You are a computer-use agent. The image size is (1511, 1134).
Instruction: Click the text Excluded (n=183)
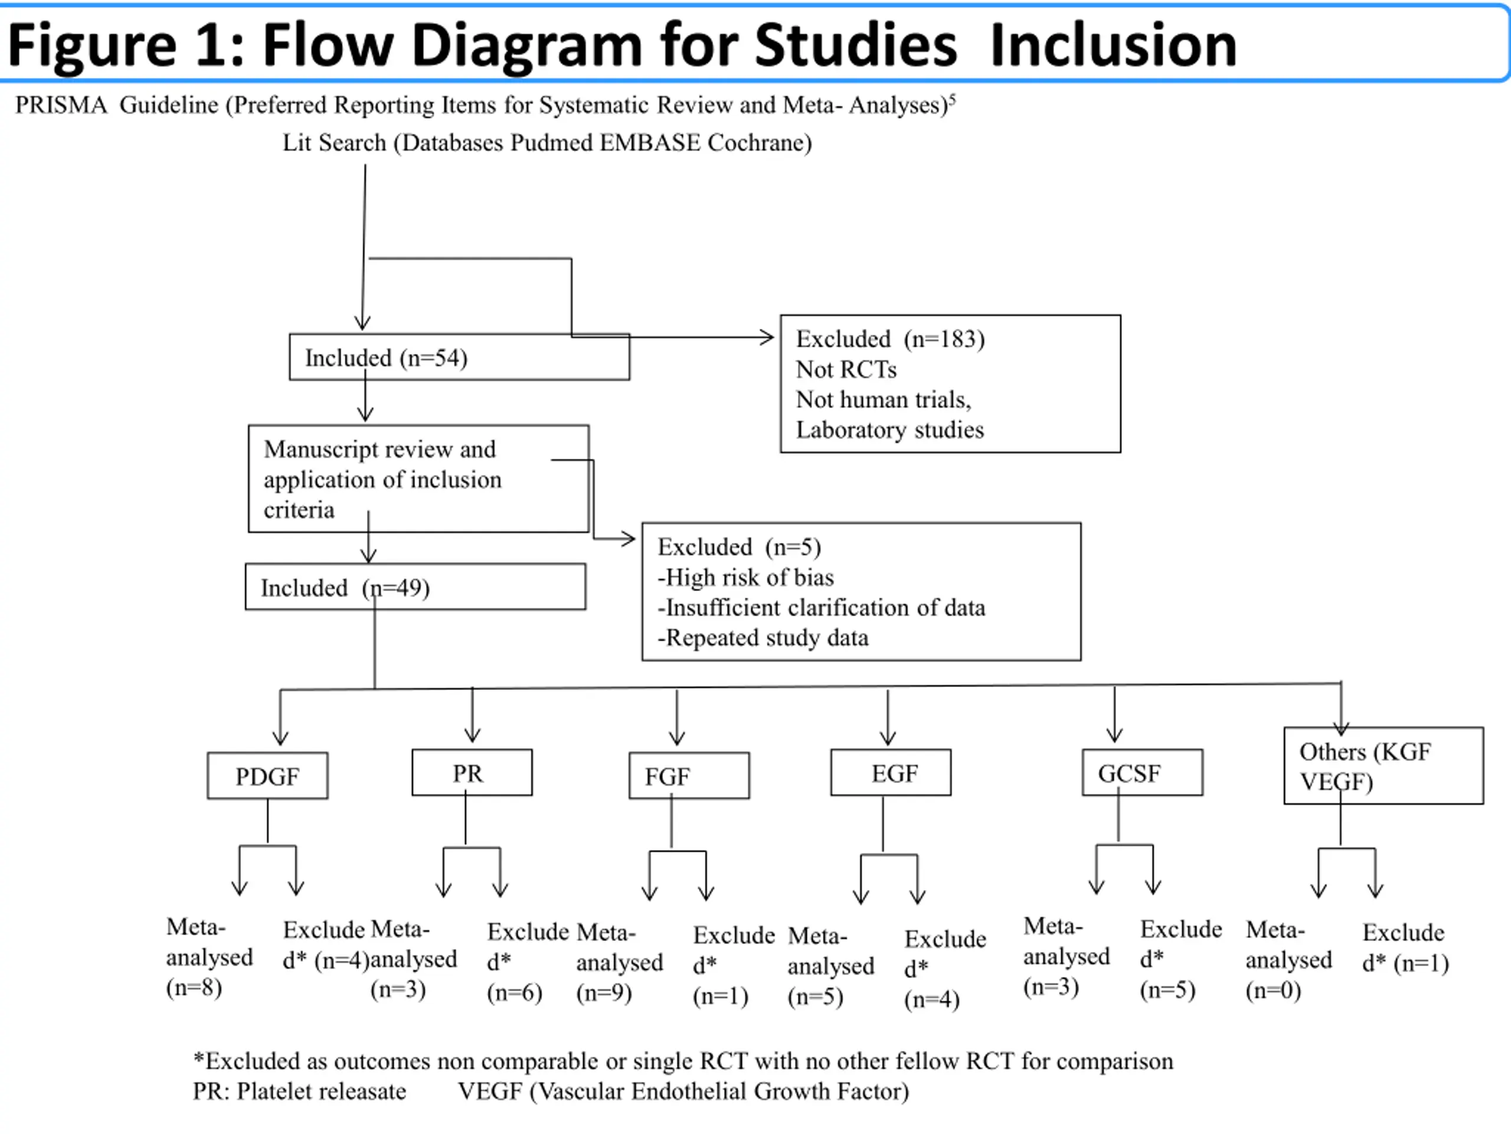pos(890,339)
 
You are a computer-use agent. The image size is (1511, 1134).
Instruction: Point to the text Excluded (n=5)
pos(739,547)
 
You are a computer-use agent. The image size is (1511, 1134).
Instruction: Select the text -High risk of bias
pos(745,578)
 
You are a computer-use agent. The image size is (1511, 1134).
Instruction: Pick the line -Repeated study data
pos(763,638)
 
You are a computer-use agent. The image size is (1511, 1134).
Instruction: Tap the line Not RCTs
pos(846,369)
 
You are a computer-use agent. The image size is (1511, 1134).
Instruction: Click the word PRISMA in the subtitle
pos(61,105)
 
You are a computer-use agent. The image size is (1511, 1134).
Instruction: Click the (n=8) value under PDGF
pos(194,988)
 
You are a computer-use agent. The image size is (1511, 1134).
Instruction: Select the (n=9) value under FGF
pos(604,993)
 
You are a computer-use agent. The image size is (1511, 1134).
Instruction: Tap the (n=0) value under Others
pos(1273,990)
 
